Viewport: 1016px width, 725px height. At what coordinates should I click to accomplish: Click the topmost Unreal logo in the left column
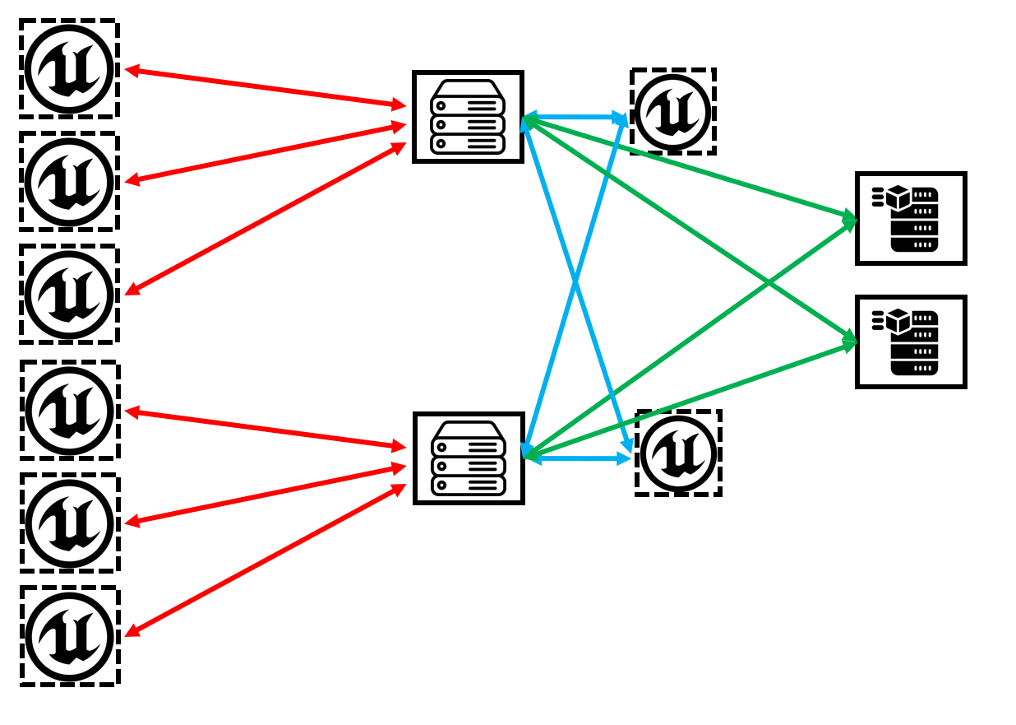pos(69,69)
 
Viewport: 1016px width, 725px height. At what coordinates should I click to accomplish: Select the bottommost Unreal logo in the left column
pos(70,636)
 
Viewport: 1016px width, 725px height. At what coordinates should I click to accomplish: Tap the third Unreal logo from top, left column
pos(69,295)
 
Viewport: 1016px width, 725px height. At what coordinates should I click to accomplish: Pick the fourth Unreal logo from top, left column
pos(70,410)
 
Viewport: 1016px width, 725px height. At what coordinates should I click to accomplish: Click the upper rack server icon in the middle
pos(468,117)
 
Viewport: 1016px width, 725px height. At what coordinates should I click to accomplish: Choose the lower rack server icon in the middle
pos(469,458)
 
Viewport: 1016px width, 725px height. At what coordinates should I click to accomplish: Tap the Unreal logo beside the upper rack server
pos(673,111)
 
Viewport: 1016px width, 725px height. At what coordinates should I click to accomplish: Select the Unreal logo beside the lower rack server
pos(679,453)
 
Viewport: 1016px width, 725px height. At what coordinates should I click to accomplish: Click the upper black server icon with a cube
pos(911,218)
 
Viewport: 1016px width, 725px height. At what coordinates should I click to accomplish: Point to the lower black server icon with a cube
pos(911,342)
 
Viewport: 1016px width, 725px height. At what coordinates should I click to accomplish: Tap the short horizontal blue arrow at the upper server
pos(575,117)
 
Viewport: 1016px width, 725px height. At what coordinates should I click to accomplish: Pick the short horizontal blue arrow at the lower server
pos(577,458)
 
